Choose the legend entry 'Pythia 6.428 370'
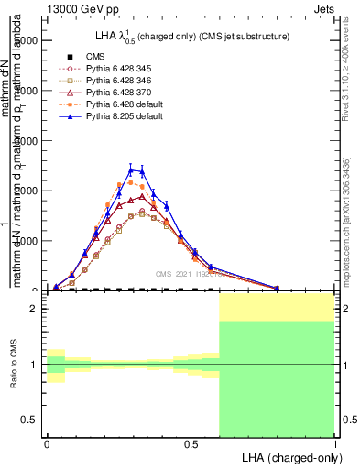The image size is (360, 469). tap(111, 93)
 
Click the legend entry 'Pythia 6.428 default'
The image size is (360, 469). tap(115, 104)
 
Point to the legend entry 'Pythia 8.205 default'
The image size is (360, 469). tap(115, 117)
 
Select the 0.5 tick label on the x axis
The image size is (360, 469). tap(191, 443)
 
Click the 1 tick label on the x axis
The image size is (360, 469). tap(334, 443)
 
